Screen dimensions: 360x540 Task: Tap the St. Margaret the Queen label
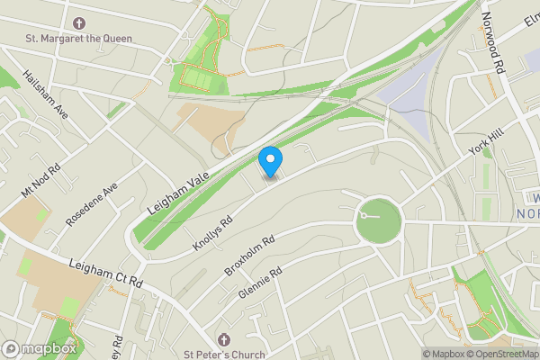(x=79, y=39)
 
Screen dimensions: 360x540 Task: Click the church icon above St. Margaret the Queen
(x=79, y=22)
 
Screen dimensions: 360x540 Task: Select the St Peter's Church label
(x=224, y=355)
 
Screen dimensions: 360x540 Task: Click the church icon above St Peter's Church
(x=224, y=339)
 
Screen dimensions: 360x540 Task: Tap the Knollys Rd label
(x=213, y=232)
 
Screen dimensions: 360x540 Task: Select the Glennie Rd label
(x=261, y=282)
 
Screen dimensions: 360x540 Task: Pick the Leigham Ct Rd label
(x=105, y=274)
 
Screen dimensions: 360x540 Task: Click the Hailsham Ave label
(x=46, y=94)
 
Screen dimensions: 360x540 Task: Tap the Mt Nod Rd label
(x=40, y=181)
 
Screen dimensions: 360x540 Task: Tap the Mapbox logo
(x=39, y=348)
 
